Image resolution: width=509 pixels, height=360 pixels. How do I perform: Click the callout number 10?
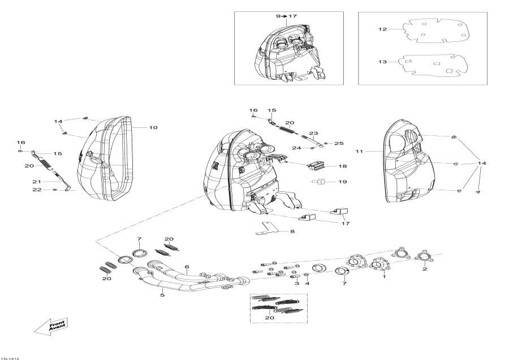click(x=153, y=128)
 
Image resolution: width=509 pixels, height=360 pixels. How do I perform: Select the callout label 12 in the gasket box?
click(x=382, y=29)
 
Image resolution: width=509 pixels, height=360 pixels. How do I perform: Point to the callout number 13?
click(x=382, y=62)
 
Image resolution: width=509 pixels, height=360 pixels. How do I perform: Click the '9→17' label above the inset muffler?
click(x=286, y=16)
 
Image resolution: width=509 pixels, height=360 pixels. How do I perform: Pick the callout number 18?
click(x=343, y=167)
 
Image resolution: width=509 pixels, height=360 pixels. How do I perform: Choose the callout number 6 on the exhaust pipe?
click(x=187, y=267)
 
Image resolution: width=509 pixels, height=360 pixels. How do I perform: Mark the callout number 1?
click(x=384, y=277)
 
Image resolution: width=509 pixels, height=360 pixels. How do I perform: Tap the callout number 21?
click(x=37, y=182)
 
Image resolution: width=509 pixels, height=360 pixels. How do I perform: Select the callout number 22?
click(x=37, y=190)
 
